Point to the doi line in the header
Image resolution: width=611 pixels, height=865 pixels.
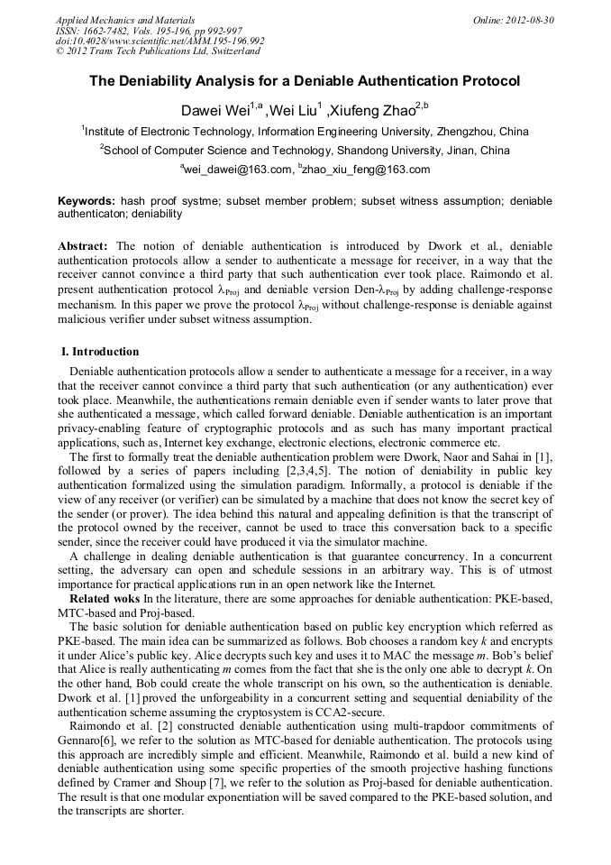(160, 41)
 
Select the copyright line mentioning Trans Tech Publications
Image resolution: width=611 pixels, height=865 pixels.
(158, 51)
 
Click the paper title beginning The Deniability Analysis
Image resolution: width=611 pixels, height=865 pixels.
(305, 80)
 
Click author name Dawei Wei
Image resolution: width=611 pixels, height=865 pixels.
(215, 111)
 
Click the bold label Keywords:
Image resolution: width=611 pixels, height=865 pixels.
(87, 200)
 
